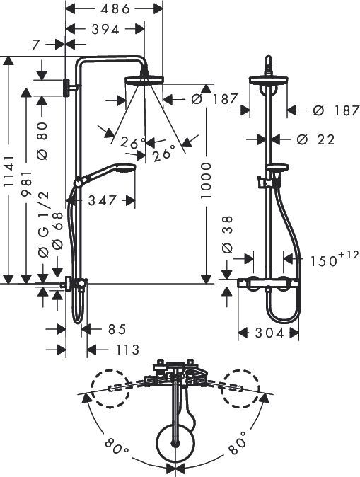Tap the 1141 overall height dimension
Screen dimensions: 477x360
click(x=8, y=171)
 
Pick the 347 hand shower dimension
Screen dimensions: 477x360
click(x=104, y=200)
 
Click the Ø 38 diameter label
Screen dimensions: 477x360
click(x=227, y=235)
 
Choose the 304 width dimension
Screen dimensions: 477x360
click(x=269, y=333)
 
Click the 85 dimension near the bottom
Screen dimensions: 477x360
click(x=117, y=329)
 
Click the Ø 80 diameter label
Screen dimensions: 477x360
click(x=40, y=139)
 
